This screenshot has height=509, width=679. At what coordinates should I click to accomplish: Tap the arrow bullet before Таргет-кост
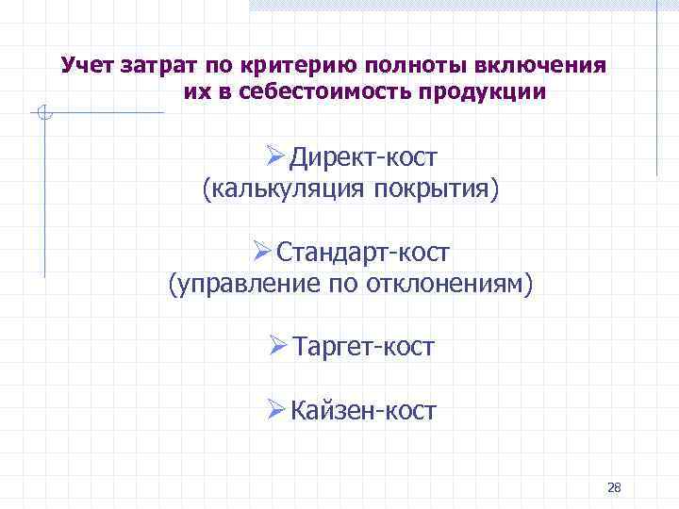pos(276,346)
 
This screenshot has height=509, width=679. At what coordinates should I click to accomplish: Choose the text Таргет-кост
pos(363,347)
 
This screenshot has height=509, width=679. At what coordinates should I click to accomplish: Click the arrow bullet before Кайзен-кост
pos(275,410)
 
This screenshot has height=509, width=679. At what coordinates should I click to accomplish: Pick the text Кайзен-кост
pos(363,411)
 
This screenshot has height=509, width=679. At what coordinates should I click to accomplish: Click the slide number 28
pos(614,487)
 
